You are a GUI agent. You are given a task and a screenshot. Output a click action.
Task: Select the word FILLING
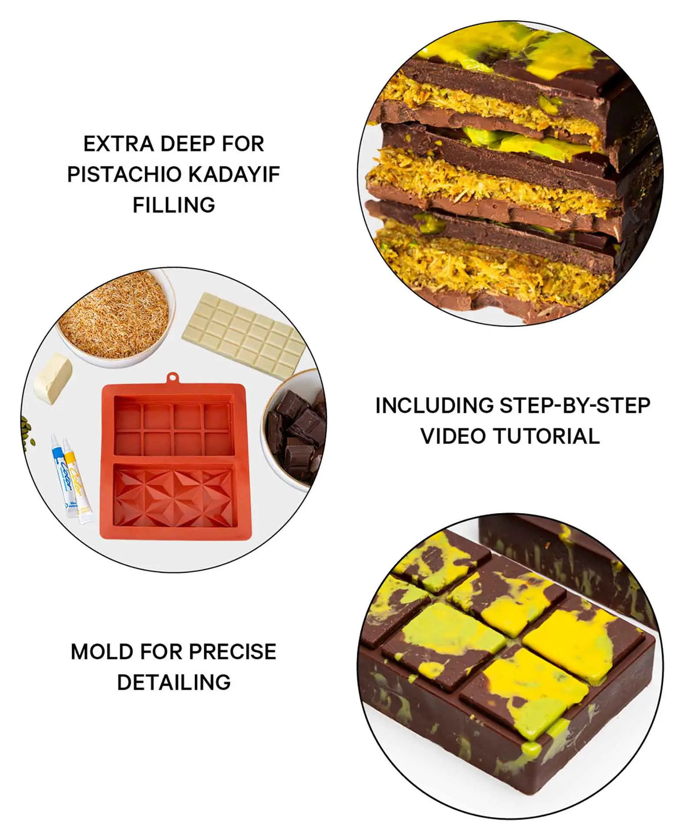tap(174, 205)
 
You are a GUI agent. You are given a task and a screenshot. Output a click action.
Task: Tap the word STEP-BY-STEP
tap(575, 405)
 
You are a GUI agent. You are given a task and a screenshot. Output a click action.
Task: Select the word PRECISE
tap(233, 651)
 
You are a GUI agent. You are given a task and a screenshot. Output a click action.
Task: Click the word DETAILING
tap(174, 682)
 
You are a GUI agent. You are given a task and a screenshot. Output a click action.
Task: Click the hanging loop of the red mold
tap(172, 378)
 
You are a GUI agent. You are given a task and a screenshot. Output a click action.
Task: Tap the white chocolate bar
tap(244, 336)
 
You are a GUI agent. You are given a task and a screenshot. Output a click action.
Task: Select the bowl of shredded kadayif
tap(115, 317)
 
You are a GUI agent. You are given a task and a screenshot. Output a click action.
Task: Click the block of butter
tap(52, 379)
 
